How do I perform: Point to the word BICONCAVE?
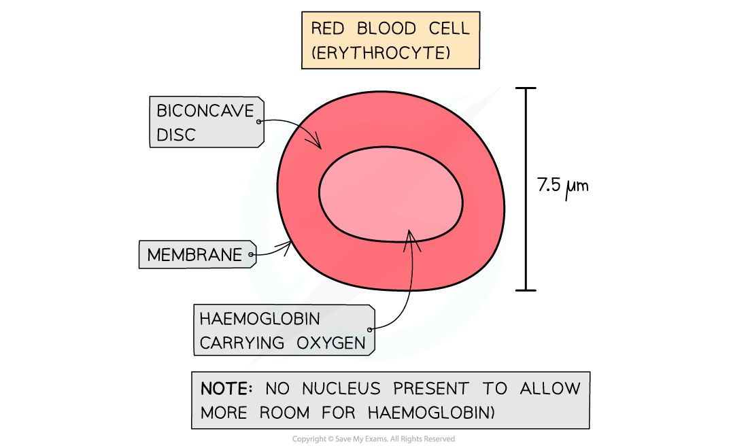pyautogui.click(x=204, y=110)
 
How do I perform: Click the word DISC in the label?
pyautogui.click(x=175, y=135)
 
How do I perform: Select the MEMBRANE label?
pyautogui.click(x=194, y=255)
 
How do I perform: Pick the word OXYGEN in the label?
pyautogui.click(x=332, y=343)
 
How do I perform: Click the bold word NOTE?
pyautogui.click(x=224, y=389)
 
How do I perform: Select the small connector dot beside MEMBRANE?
pyautogui.click(x=251, y=256)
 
